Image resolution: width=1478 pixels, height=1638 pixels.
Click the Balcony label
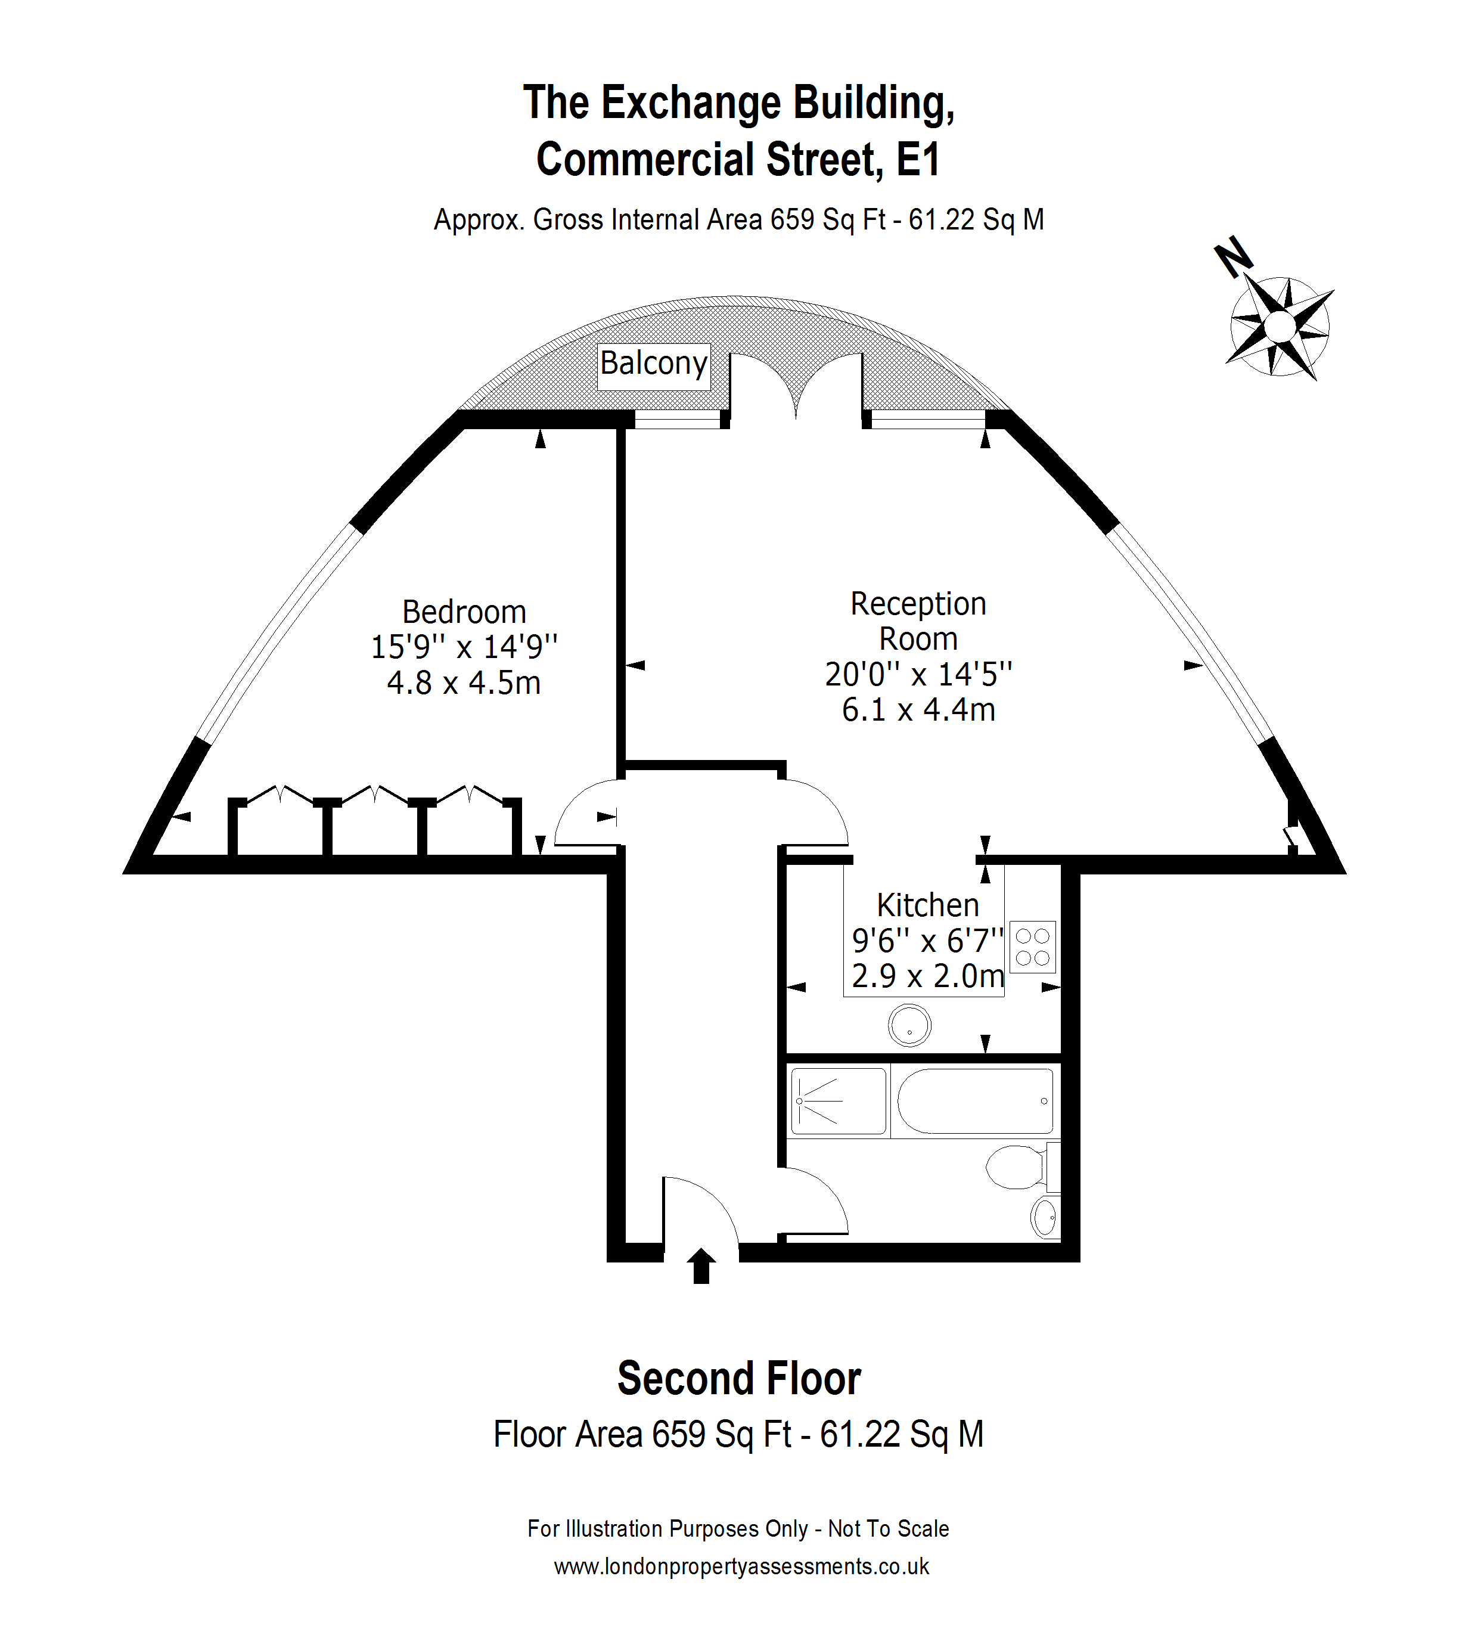tap(654, 364)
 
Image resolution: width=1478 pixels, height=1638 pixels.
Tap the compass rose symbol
tap(1281, 327)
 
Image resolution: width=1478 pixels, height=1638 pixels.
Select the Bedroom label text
tap(464, 612)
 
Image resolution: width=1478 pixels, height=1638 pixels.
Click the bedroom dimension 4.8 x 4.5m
tap(464, 683)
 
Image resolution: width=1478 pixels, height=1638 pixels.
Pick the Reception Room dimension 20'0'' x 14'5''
tap(918, 674)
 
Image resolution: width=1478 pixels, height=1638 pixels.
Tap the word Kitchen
tap(927, 905)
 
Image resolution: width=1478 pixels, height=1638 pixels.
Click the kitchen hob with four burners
tap(1033, 947)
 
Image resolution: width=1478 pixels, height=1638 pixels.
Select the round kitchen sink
tap(909, 1026)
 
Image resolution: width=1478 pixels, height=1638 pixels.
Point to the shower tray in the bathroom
tap(838, 1101)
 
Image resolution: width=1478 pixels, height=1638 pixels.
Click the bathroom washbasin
tap(1046, 1217)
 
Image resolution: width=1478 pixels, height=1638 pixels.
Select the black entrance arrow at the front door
tap(701, 1266)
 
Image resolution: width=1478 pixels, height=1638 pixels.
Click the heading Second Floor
tap(738, 1379)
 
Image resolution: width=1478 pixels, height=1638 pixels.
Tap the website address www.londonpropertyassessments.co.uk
tap(741, 1566)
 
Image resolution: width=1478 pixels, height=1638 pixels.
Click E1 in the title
tap(918, 159)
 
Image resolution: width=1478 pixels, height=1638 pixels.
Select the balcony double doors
tap(796, 387)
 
